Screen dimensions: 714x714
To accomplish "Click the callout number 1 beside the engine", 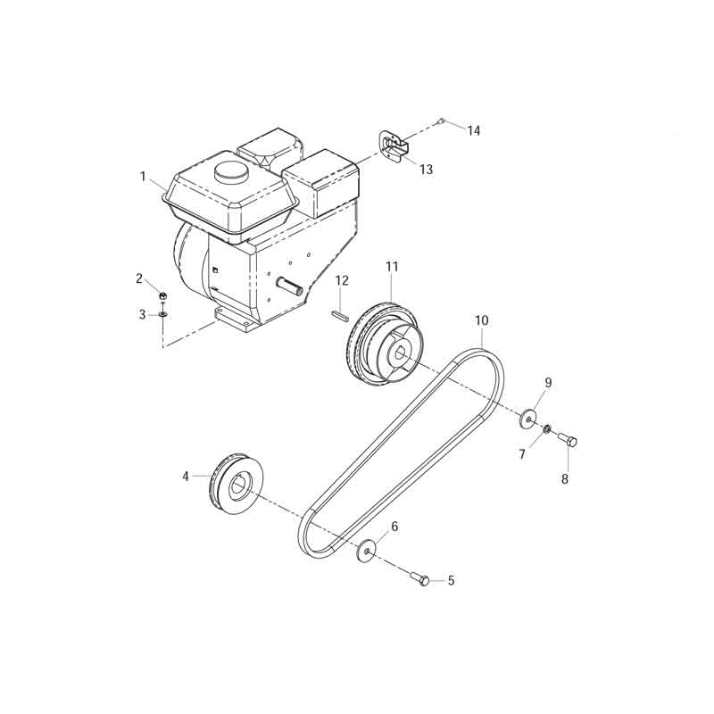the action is [143, 176].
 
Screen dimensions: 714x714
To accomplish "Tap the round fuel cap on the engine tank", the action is [232, 172].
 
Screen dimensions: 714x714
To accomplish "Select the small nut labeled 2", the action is [162, 296].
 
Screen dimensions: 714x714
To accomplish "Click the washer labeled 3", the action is [163, 314].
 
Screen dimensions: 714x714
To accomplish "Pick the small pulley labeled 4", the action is [237, 484].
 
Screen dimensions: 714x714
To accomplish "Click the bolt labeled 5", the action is [420, 578].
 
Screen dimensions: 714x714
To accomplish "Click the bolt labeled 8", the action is [568, 439].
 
